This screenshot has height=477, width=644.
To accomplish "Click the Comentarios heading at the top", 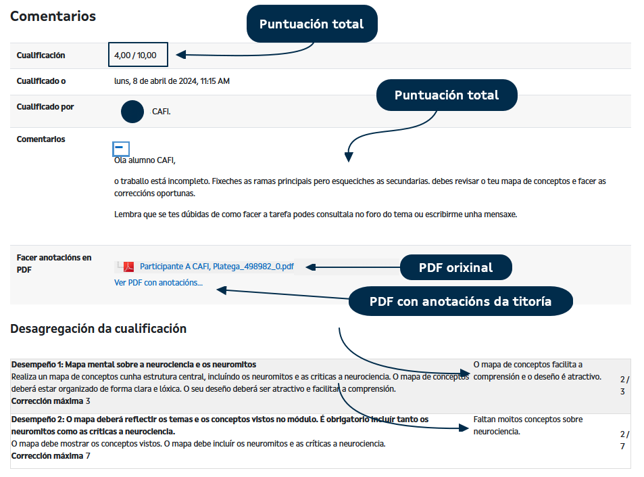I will tap(53, 16).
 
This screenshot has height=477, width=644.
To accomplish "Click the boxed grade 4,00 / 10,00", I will tap(137, 55).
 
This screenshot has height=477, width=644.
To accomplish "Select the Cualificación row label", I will tap(41, 55).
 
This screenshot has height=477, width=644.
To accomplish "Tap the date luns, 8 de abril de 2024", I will tap(172, 81).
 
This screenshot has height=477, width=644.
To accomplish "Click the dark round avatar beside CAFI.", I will tap(132, 112).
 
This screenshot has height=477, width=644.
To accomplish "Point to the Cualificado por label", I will tap(45, 107).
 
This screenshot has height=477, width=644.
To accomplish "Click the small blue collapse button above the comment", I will tap(121, 147).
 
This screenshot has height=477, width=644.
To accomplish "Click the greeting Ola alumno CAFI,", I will tap(145, 160).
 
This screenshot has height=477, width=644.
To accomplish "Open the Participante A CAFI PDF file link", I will tap(216, 267).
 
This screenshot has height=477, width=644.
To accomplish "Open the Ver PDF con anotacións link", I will tap(158, 283).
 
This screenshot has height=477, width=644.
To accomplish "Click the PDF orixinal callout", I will tap(455, 267).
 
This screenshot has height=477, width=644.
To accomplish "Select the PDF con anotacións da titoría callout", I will tap(460, 301).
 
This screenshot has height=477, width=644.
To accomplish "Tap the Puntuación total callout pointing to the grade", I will tap(311, 24).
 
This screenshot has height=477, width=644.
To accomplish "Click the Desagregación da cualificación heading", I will tap(98, 329).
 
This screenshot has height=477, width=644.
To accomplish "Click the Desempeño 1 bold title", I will tap(133, 365).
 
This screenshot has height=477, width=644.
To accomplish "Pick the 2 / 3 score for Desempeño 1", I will tap(624, 385).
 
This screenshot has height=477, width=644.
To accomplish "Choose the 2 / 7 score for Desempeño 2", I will tap(624, 440).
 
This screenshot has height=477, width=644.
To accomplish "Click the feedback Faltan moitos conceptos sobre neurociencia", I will tap(528, 425).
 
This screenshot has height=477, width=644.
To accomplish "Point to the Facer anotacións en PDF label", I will tap(53, 263).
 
